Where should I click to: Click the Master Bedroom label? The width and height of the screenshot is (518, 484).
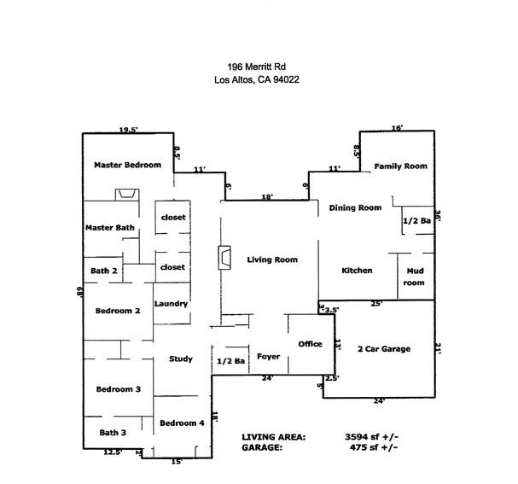click(x=127, y=165)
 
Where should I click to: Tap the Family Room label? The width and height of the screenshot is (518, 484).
click(x=400, y=166)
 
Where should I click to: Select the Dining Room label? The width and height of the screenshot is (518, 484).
click(x=355, y=207)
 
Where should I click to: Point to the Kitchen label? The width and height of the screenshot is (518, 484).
click(x=357, y=271)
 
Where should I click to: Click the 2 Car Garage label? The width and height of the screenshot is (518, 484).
click(x=383, y=348)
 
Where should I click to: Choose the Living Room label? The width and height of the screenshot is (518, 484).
click(x=272, y=259)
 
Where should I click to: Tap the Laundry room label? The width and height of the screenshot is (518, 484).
click(x=171, y=304)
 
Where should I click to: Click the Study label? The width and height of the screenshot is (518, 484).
click(x=180, y=359)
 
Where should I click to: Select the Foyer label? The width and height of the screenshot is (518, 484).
click(x=268, y=356)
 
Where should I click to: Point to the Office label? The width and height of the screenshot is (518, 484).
click(x=310, y=344)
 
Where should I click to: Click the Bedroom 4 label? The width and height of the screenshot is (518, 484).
click(x=182, y=423)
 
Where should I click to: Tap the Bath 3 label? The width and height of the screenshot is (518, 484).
click(x=113, y=432)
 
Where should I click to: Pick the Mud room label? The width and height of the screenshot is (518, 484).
click(x=414, y=277)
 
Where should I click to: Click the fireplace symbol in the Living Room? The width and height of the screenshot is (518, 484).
click(x=224, y=257)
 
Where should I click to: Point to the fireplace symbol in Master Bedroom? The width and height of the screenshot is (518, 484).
click(x=128, y=195)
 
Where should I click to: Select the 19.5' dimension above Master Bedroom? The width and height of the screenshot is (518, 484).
click(x=128, y=130)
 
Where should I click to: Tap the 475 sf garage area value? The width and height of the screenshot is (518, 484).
click(x=369, y=446)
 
